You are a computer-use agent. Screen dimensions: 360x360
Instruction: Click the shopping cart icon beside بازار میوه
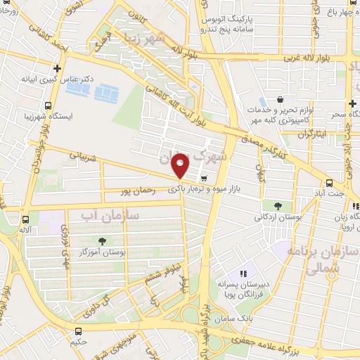point(204,177)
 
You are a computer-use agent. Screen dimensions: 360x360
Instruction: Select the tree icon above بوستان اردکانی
point(278,207)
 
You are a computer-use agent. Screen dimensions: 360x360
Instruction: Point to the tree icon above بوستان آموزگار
point(103,241)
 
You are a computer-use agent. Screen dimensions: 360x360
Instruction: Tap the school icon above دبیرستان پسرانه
point(243,273)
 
